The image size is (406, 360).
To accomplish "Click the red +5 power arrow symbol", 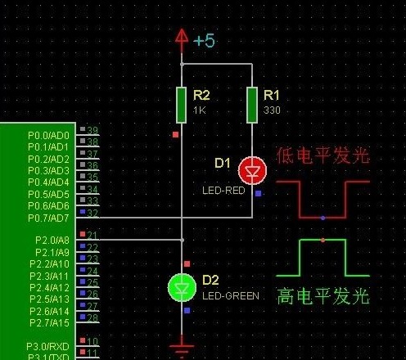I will pyautogui.click(x=182, y=37).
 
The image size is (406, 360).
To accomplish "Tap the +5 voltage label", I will pyautogui.click(x=204, y=39).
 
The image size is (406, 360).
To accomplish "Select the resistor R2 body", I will pyautogui.click(x=182, y=103).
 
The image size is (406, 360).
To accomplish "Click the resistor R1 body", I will pyautogui.click(x=252, y=103).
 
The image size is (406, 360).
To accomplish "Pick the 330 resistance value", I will pyautogui.click(x=272, y=110).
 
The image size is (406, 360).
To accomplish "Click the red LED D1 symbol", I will pyautogui.click(x=252, y=170).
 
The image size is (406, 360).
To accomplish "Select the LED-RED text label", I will pyautogui.click(x=223, y=190).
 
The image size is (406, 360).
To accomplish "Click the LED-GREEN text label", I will pyautogui.click(x=231, y=295).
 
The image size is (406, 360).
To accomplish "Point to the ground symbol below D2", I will pyautogui.click(x=182, y=347).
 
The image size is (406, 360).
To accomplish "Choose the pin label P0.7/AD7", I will pyautogui.click(x=49, y=217).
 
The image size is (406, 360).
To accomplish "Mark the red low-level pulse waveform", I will pyautogui.click(x=323, y=200).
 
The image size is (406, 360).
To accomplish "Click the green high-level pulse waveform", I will pyautogui.click(x=323, y=257).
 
